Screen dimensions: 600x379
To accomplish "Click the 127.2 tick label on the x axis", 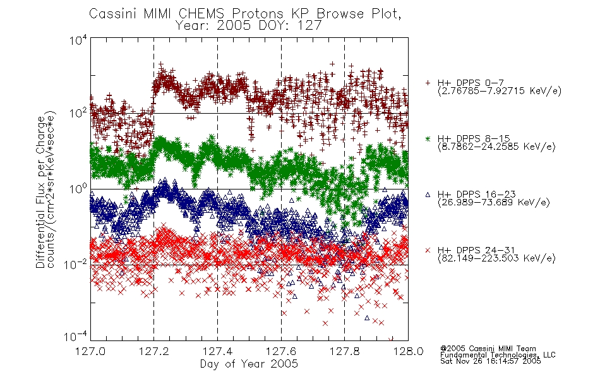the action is tap(154, 351).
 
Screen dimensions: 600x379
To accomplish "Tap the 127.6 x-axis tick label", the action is tap(281, 351).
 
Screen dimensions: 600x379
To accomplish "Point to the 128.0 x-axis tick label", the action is tap(408, 351).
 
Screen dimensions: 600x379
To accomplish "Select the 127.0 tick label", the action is tap(90, 351).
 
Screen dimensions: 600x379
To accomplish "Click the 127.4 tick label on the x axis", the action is tap(217, 351).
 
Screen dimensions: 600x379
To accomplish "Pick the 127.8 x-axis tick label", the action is tap(344, 351).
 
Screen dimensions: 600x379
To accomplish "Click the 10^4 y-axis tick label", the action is tap(78, 40).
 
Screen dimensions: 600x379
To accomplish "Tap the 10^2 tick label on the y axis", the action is tap(78, 113).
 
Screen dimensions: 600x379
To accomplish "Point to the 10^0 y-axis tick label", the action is tap(78, 189).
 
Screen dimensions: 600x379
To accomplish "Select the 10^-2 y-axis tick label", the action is tap(76, 264).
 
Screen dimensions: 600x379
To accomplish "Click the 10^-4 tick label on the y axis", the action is tap(76, 336).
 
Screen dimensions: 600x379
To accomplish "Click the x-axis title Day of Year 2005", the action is tap(249, 364).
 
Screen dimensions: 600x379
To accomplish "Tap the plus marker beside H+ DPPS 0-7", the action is tap(428, 83).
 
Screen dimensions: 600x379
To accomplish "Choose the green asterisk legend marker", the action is tap(428, 138).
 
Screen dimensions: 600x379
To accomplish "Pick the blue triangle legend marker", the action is tap(428, 195).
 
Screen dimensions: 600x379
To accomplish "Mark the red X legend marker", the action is tap(428, 250).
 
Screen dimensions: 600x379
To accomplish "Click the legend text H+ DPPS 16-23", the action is tap(477, 195).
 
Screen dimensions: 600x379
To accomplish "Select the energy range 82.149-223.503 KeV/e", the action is tap(496, 258).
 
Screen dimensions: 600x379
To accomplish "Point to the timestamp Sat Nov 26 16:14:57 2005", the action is tap(491, 361).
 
